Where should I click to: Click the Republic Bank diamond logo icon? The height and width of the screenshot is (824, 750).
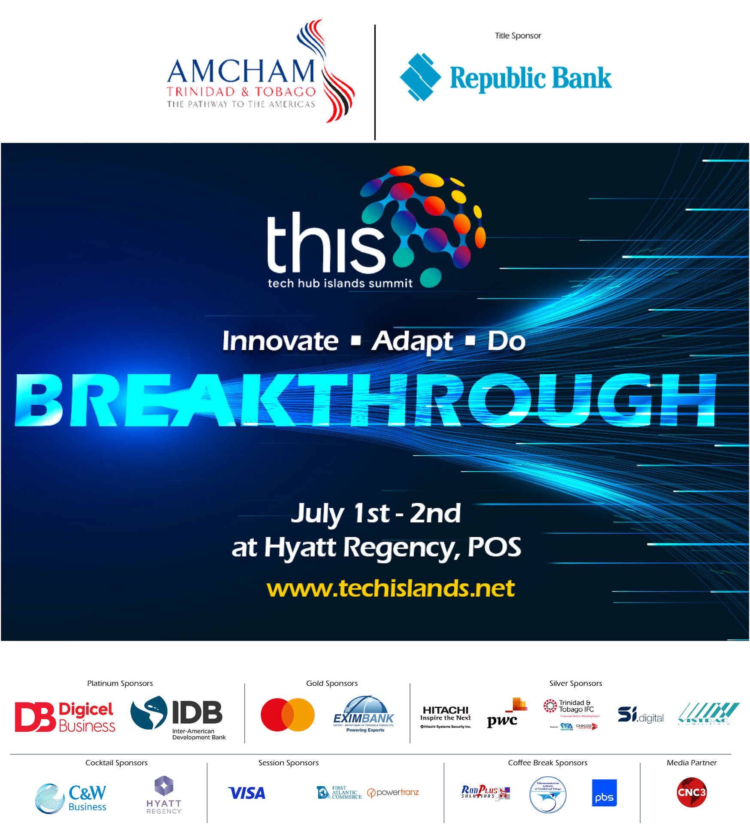[x=420, y=77]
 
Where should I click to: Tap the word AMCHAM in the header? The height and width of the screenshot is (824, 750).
[x=241, y=71]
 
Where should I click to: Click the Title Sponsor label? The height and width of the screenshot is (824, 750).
[x=518, y=36]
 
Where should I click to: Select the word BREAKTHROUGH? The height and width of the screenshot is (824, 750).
[x=365, y=400]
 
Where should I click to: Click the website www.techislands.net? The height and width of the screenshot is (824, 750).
[x=390, y=588]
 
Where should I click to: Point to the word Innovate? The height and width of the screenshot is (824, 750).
[x=280, y=341]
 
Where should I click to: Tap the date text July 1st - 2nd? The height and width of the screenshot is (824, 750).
[x=376, y=513]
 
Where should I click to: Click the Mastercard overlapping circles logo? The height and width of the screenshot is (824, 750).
[x=288, y=715]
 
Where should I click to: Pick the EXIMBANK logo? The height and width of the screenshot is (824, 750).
[x=364, y=715]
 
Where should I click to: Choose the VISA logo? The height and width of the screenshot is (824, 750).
[x=247, y=793]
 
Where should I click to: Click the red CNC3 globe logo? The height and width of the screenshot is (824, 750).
[x=691, y=792]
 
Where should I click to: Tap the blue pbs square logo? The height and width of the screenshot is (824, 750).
[x=604, y=793]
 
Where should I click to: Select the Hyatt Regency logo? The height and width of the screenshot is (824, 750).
[x=164, y=794]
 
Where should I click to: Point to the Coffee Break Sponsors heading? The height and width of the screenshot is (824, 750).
[x=547, y=763]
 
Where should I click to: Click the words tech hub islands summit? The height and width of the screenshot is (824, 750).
[x=340, y=283]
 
